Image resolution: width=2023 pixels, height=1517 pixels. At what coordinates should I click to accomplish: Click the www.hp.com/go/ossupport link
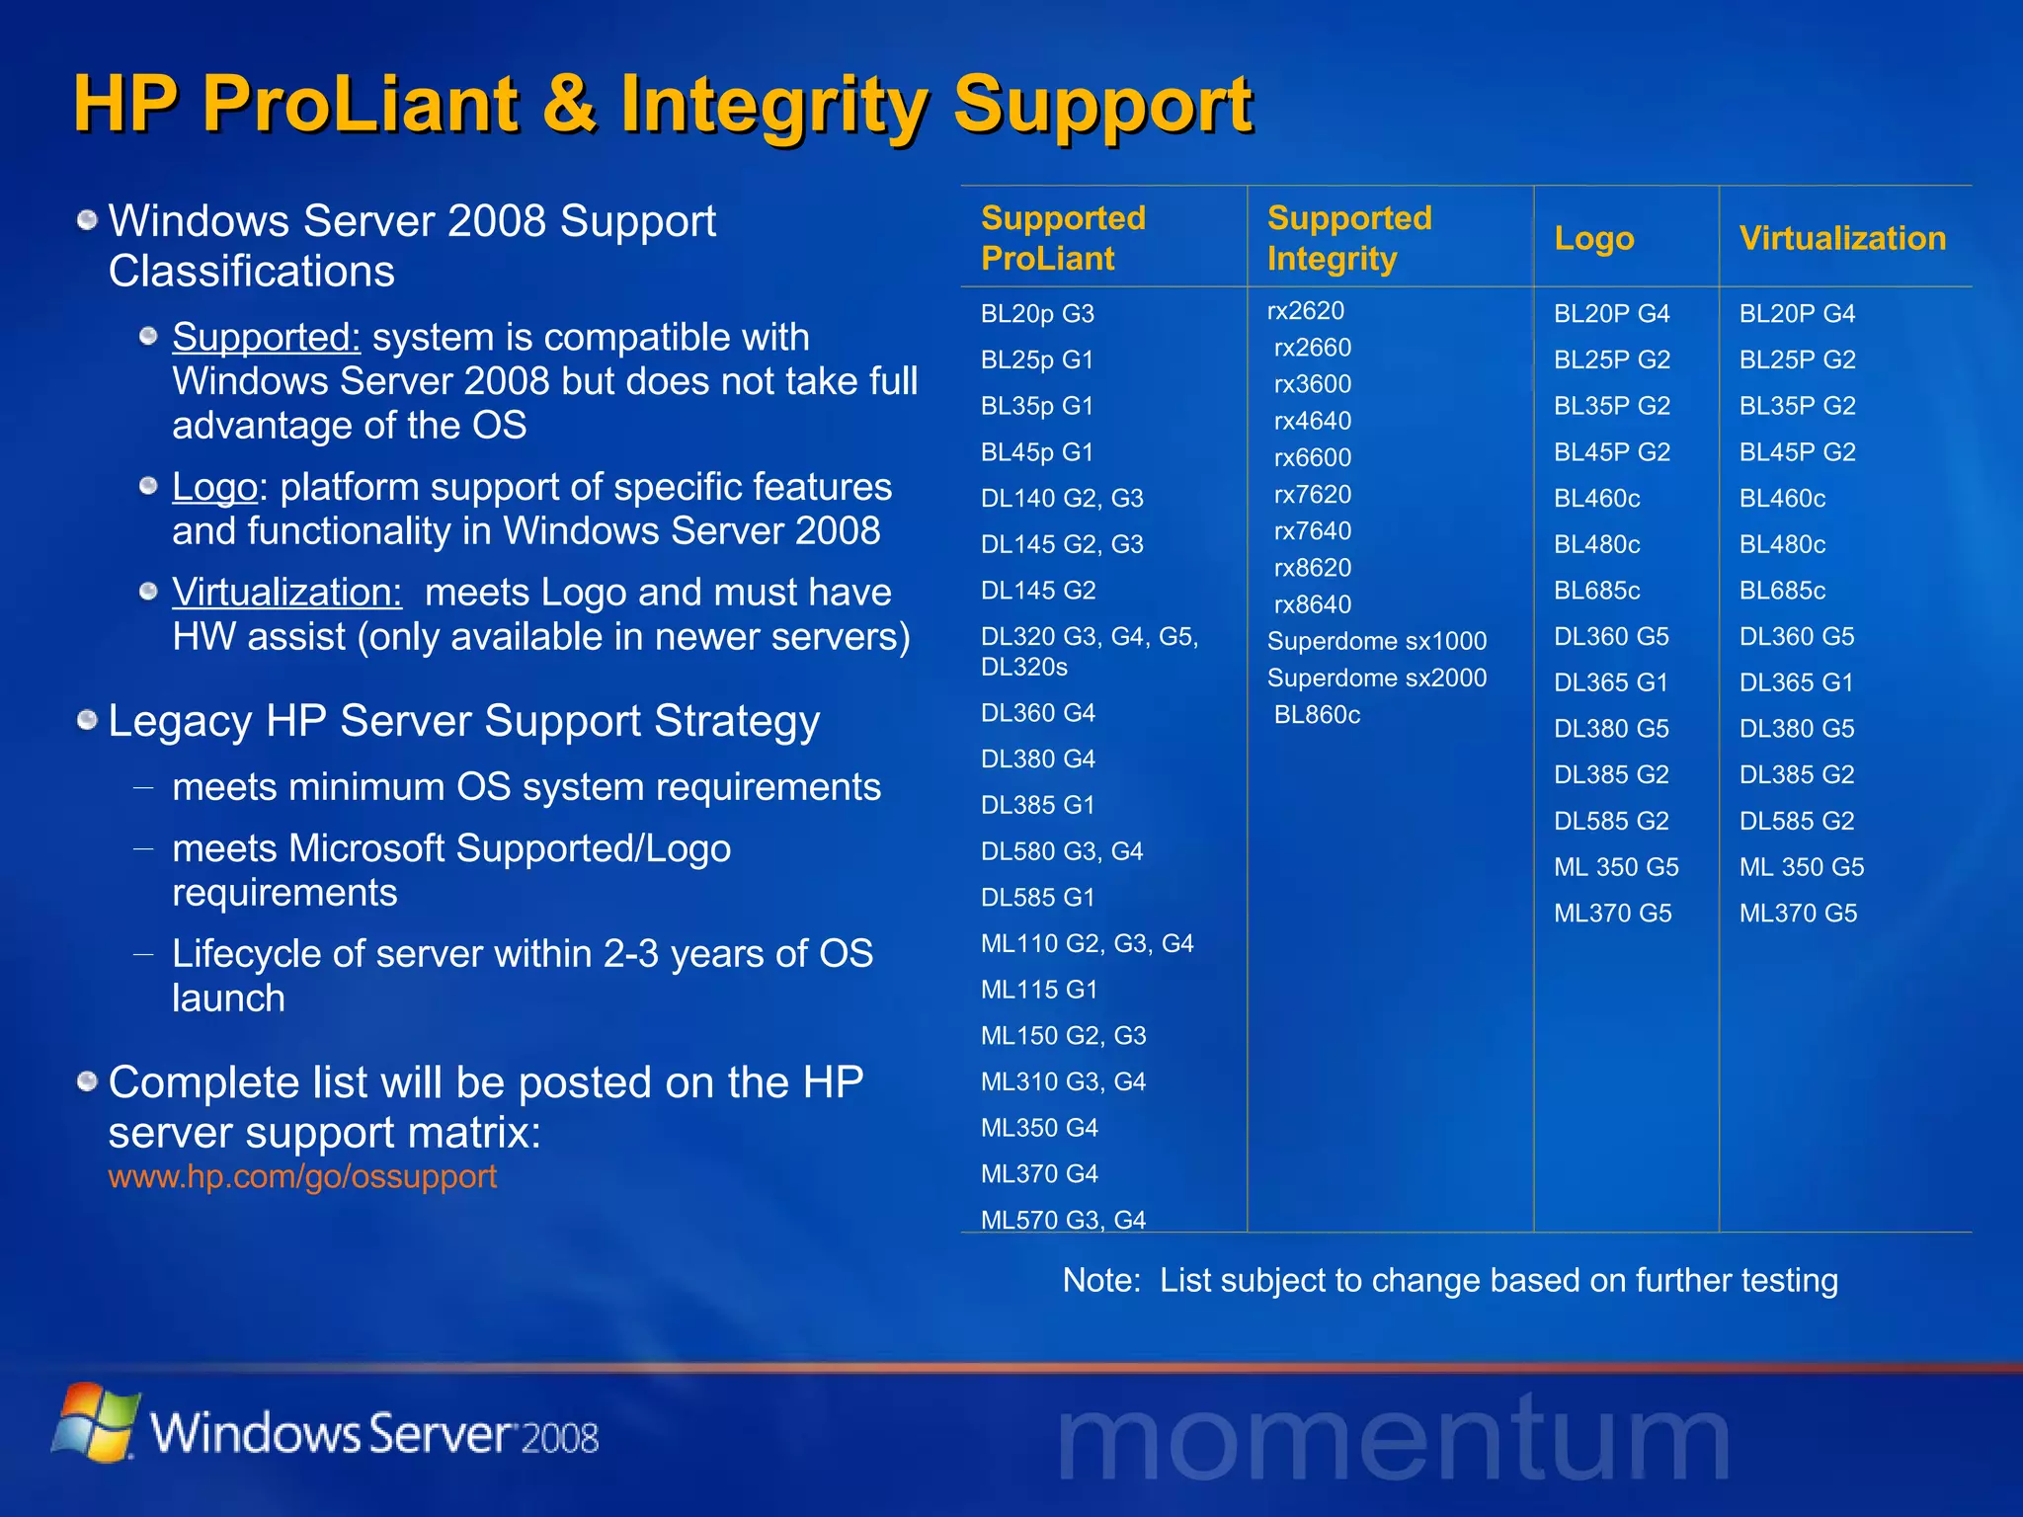(302, 1176)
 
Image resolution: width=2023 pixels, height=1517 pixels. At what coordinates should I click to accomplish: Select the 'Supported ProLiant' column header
(1063, 238)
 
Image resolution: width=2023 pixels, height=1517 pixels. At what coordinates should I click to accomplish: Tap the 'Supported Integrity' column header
(1348, 238)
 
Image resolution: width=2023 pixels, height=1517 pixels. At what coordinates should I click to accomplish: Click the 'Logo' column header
(1593, 238)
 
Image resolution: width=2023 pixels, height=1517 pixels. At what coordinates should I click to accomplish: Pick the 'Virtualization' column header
(1842, 238)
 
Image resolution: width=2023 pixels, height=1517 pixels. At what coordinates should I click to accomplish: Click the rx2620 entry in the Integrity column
(1305, 311)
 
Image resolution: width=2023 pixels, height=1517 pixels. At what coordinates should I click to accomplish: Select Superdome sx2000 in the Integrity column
(1376, 678)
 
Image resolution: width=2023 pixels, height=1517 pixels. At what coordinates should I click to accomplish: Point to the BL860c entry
(1317, 715)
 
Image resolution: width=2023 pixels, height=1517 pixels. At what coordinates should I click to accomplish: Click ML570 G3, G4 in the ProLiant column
(1063, 1220)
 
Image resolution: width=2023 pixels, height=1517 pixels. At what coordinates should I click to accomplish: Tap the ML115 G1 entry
(1039, 990)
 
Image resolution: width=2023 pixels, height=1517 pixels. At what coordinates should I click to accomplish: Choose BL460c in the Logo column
(1596, 499)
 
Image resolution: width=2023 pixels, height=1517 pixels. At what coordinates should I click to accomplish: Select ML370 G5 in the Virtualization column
(1798, 914)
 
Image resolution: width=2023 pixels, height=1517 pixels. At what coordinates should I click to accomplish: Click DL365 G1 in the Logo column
(1610, 682)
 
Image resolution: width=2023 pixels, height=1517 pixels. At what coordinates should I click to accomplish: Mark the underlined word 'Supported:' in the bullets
(267, 338)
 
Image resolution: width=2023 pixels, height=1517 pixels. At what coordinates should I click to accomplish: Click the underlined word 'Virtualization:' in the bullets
(287, 593)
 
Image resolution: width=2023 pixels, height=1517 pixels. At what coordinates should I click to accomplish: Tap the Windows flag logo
(95, 1422)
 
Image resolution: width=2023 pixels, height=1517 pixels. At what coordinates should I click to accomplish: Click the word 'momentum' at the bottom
(1393, 1440)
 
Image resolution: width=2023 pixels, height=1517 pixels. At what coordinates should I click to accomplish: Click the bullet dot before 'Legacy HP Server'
(88, 721)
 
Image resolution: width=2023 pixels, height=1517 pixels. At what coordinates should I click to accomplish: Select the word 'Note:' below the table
(1100, 1281)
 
